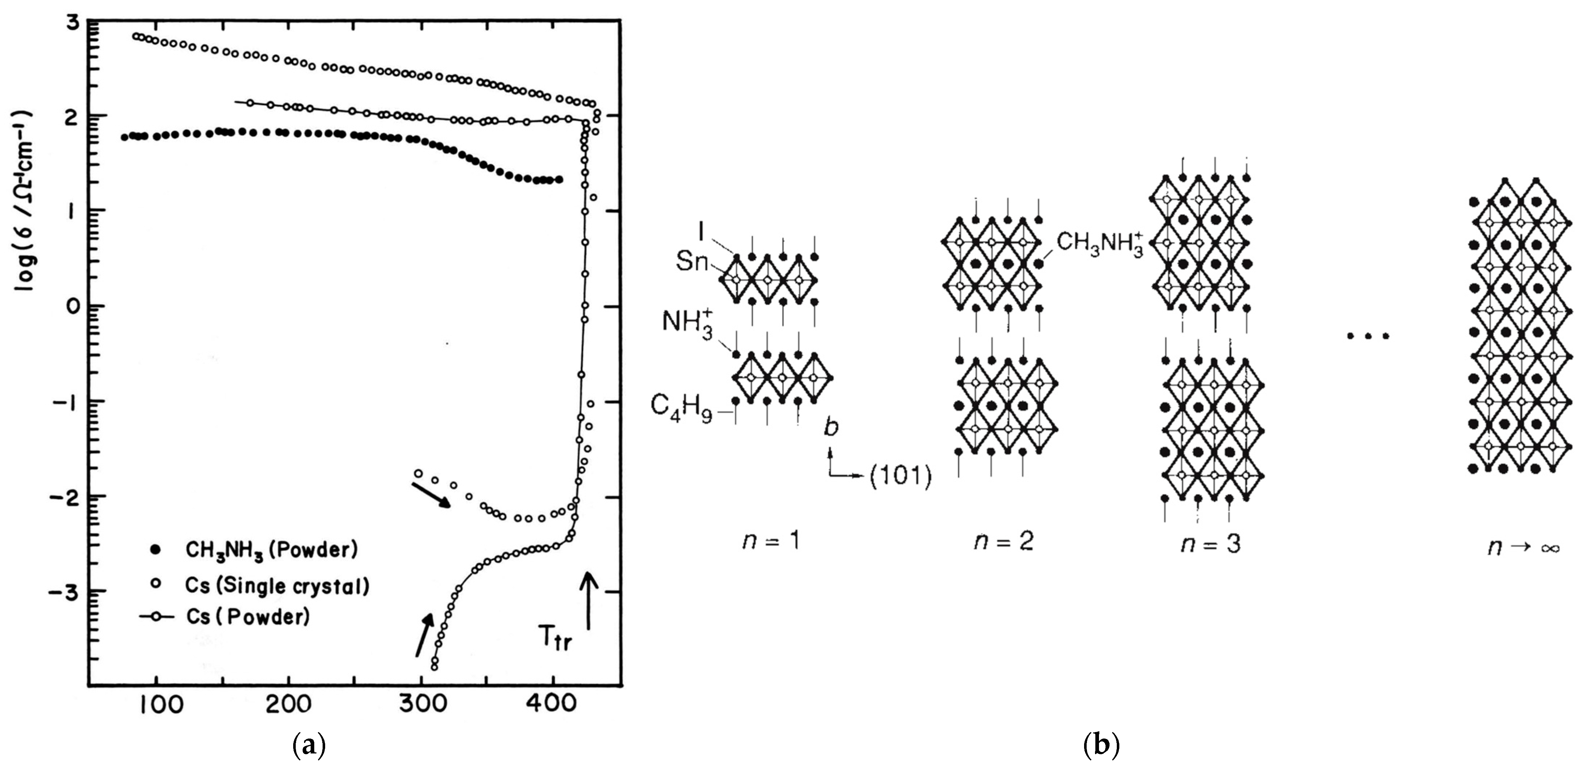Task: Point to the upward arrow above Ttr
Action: click(589, 601)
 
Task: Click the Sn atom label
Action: click(691, 262)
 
